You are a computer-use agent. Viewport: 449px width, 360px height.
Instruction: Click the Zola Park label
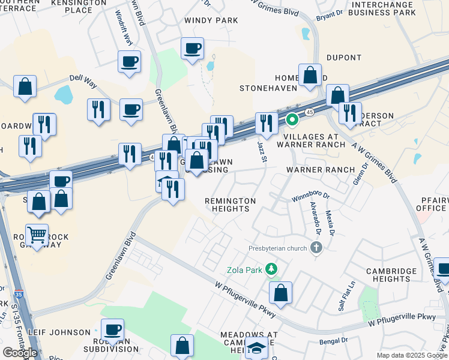coord(244,270)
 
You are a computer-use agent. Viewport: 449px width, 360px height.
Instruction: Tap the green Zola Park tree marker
coord(272,269)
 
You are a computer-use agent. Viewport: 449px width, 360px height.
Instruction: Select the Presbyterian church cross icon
coord(317,247)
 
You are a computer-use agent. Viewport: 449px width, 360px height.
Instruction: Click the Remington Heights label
coord(231,205)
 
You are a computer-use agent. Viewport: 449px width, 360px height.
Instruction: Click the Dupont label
coord(343,58)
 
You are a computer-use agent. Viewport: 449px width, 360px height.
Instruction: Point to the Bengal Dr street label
coord(335,340)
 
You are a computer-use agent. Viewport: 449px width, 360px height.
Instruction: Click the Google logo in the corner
coord(20,353)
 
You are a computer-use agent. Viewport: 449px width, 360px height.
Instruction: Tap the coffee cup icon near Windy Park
coord(193,48)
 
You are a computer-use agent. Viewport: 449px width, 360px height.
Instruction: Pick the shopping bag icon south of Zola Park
coord(280,293)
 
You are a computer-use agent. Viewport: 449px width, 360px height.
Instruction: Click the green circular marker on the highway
coord(292,120)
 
